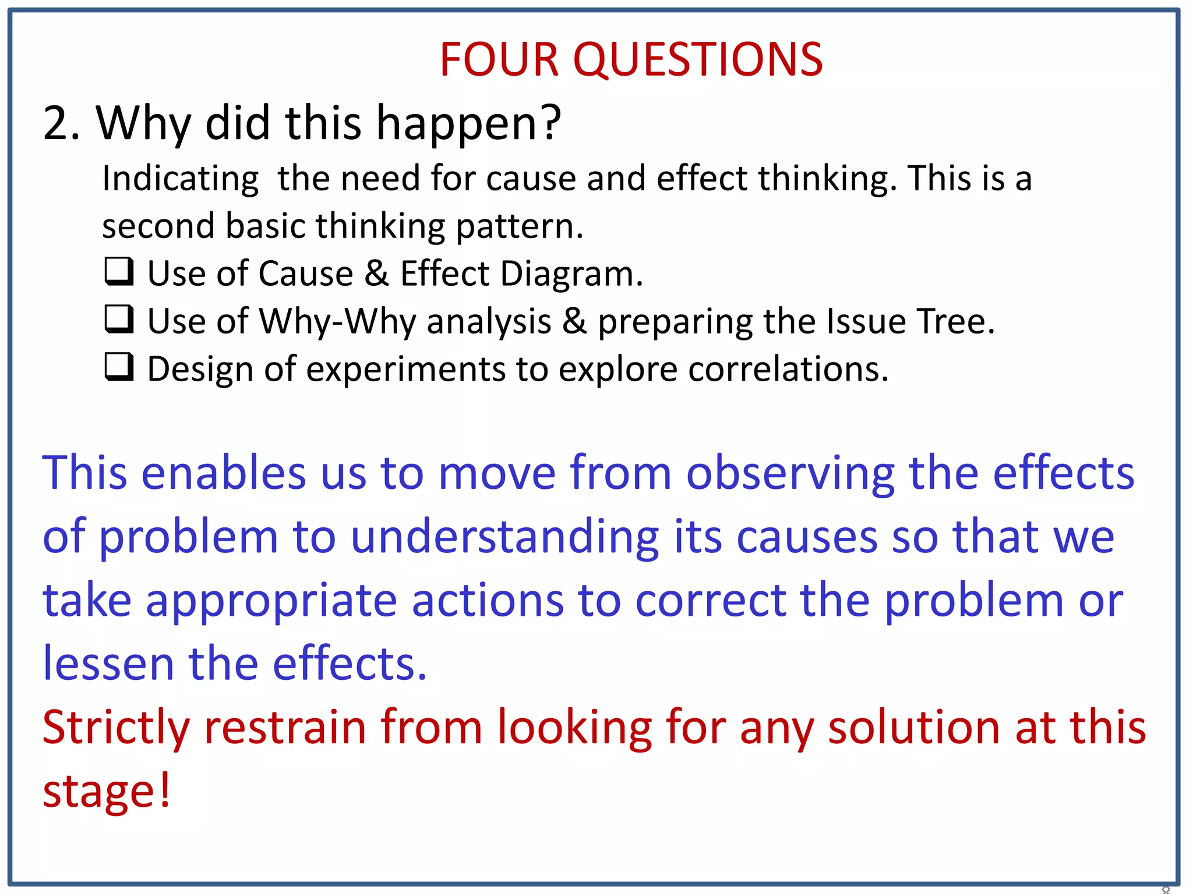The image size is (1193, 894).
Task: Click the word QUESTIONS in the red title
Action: coord(698,60)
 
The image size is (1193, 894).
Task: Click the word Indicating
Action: coord(181,179)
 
